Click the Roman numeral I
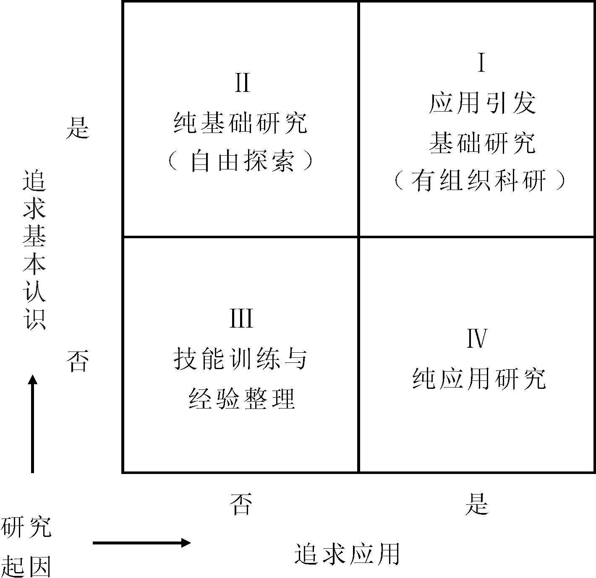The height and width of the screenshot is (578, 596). [x=481, y=63]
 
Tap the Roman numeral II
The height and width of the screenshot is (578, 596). [x=242, y=82]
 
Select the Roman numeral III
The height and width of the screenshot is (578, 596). [x=241, y=318]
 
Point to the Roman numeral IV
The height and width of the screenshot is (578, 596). [x=477, y=338]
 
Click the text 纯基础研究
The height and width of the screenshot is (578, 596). [x=240, y=123]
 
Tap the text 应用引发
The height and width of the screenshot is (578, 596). [x=482, y=103]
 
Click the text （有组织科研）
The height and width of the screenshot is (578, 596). [x=479, y=181]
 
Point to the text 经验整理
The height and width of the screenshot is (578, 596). [x=242, y=398]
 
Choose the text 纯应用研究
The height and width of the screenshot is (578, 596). [x=479, y=379]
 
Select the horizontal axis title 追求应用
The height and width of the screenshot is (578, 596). [x=347, y=554]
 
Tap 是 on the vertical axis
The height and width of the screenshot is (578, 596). [x=78, y=128]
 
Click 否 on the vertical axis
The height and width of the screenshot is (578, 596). [x=78, y=362]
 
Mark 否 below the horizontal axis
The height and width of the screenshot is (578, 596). [x=241, y=504]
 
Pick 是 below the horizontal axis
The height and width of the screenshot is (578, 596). [x=477, y=504]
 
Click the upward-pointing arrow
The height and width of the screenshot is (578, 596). [x=33, y=424]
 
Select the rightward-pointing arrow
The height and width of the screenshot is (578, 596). [x=142, y=543]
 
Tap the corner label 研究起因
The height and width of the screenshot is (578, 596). [x=26, y=547]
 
